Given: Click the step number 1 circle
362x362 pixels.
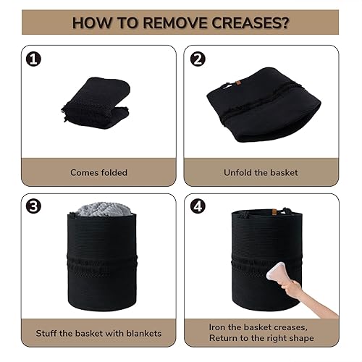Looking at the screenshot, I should (x=32, y=58).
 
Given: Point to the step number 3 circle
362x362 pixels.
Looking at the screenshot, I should (x=32, y=206).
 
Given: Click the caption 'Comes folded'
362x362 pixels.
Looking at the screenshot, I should (x=98, y=172).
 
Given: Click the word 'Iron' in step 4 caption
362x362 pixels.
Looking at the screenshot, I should (x=217, y=327).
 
